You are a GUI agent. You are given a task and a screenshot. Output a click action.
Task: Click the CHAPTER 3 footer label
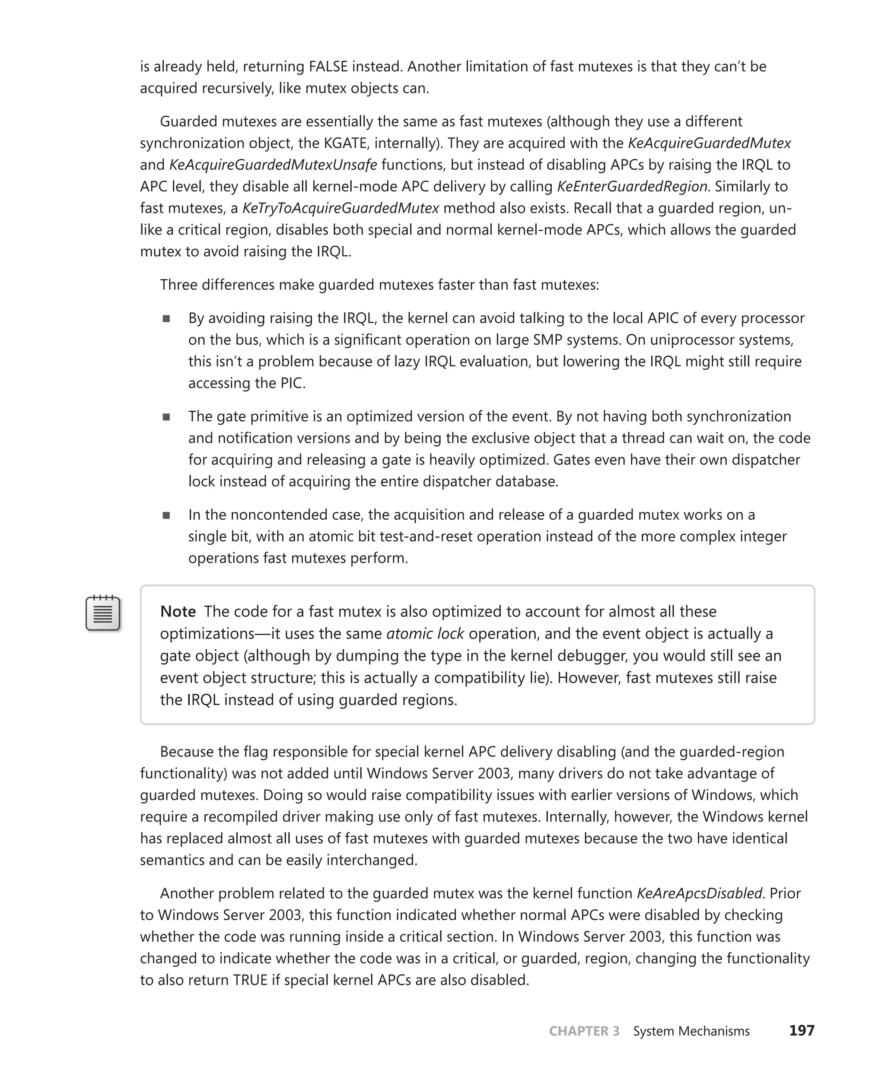point(584,1031)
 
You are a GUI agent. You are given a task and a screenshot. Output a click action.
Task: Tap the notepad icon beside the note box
point(103,613)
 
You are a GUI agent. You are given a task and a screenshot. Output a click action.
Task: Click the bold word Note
point(178,612)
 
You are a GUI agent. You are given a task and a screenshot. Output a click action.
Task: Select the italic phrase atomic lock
point(425,633)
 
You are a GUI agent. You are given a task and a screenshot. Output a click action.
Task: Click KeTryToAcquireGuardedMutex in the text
point(340,209)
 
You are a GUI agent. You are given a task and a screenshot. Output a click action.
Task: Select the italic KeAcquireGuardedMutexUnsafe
point(273,165)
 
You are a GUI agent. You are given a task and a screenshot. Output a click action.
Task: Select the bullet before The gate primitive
point(166,417)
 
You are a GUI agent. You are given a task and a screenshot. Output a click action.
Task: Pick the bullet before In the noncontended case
point(166,516)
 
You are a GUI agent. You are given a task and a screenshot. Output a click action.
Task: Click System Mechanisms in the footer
point(691,1031)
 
